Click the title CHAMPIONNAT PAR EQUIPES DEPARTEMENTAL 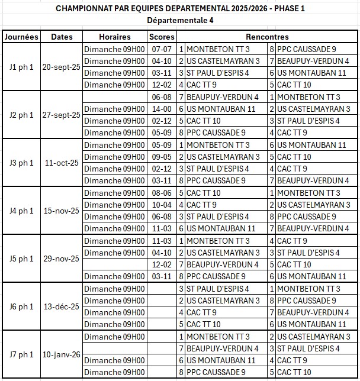point(180,9)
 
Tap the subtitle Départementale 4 point(180,20)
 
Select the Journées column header point(21,37)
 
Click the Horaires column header point(115,37)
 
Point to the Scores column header point(162,37)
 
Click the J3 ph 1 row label point(21,163)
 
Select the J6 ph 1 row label point(21,306)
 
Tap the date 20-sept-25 point(62,67)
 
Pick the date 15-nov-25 point(62,211)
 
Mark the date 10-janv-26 point(62,354)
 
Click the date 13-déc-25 point(62,306)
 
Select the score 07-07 point(162,49)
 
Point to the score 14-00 point(162,109)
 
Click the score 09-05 point(162,157)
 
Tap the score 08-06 point(162,193)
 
